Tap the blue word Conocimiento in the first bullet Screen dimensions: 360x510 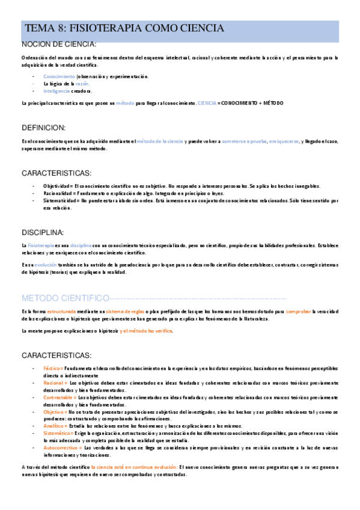point(59,76)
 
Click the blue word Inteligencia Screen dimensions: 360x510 point(56,91)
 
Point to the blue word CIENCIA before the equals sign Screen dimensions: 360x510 point(207,103)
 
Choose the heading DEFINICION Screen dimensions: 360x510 point(47,127)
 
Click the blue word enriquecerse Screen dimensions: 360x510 point(283,141)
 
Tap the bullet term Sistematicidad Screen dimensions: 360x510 point(59,200)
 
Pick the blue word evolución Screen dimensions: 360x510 point(45,264)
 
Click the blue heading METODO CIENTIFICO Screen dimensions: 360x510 point(64,298)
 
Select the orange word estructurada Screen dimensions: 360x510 point(61,312)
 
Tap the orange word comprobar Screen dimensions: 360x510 point(298,312)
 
